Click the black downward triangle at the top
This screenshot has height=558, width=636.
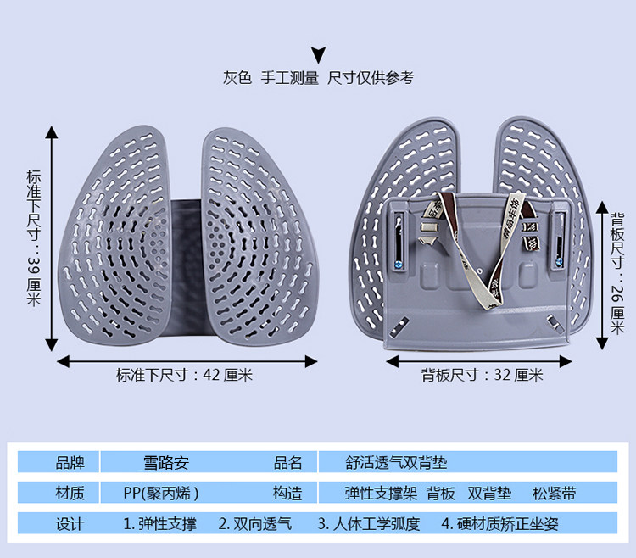[318, 56]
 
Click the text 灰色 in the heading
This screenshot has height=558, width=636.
[237, 78]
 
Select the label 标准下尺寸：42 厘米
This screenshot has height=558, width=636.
[185, 375]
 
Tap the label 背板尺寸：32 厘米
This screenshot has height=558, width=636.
[483, 375]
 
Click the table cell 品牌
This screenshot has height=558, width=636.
[70, 463]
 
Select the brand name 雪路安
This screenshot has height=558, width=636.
[165, 463]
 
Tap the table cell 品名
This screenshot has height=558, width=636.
[287, 463]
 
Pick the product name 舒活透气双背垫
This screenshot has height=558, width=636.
[396, 463]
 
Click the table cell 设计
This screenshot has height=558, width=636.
[70, 524]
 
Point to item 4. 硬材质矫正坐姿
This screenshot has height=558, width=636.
[499, 524]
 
